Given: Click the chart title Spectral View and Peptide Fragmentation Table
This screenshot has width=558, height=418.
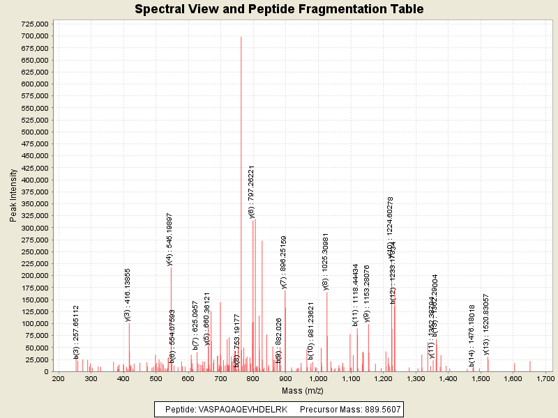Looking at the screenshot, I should point(279,9).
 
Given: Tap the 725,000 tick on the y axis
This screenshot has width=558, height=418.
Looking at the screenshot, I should point(33,24).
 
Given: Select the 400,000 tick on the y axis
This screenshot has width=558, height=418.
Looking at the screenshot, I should point(33,180).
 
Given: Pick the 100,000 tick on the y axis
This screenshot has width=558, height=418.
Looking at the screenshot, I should point(33,323).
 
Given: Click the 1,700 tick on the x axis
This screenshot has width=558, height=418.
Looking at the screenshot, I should point(545,378).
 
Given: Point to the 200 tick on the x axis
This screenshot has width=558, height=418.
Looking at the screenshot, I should point(58,378).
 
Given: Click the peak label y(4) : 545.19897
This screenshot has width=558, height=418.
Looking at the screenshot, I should point(169,239).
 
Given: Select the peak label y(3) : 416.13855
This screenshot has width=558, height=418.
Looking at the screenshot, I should point(128,295).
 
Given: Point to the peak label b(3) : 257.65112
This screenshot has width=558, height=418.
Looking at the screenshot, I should point(76,332).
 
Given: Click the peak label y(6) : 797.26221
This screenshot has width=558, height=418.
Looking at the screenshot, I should point(251,192).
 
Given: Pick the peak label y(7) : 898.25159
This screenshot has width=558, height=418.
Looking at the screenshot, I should point(283,261).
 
